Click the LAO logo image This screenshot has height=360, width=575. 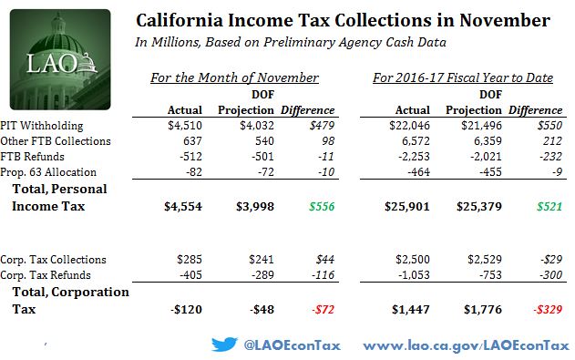pos(60,59)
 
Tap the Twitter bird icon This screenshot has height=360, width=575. pos(224,345)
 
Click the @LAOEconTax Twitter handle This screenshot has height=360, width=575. pos(292,345)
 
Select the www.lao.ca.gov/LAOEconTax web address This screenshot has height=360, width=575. pos(466,345)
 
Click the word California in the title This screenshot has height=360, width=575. pos(180,21)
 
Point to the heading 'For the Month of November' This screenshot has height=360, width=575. pos(235,77)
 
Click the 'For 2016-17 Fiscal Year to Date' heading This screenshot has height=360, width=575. pos(463,77)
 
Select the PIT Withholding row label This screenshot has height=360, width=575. pos(42,126)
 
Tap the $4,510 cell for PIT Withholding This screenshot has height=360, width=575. pos(185,126)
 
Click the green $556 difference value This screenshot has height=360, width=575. pos(322,206)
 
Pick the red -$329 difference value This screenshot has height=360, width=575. pos(548,309)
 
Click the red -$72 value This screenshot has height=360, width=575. pos(323,309)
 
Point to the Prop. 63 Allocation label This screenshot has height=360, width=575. pos(48,172)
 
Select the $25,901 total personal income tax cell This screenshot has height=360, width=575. pos(407,206)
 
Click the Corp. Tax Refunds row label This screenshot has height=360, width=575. pos(46,275)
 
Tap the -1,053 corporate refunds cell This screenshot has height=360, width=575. pos(414,275)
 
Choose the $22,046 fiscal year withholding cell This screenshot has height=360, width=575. pos(410,126)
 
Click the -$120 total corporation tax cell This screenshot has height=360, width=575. pos(186,309)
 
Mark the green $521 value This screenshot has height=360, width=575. pos(549,206)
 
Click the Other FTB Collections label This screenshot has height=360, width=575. pos(56,141)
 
